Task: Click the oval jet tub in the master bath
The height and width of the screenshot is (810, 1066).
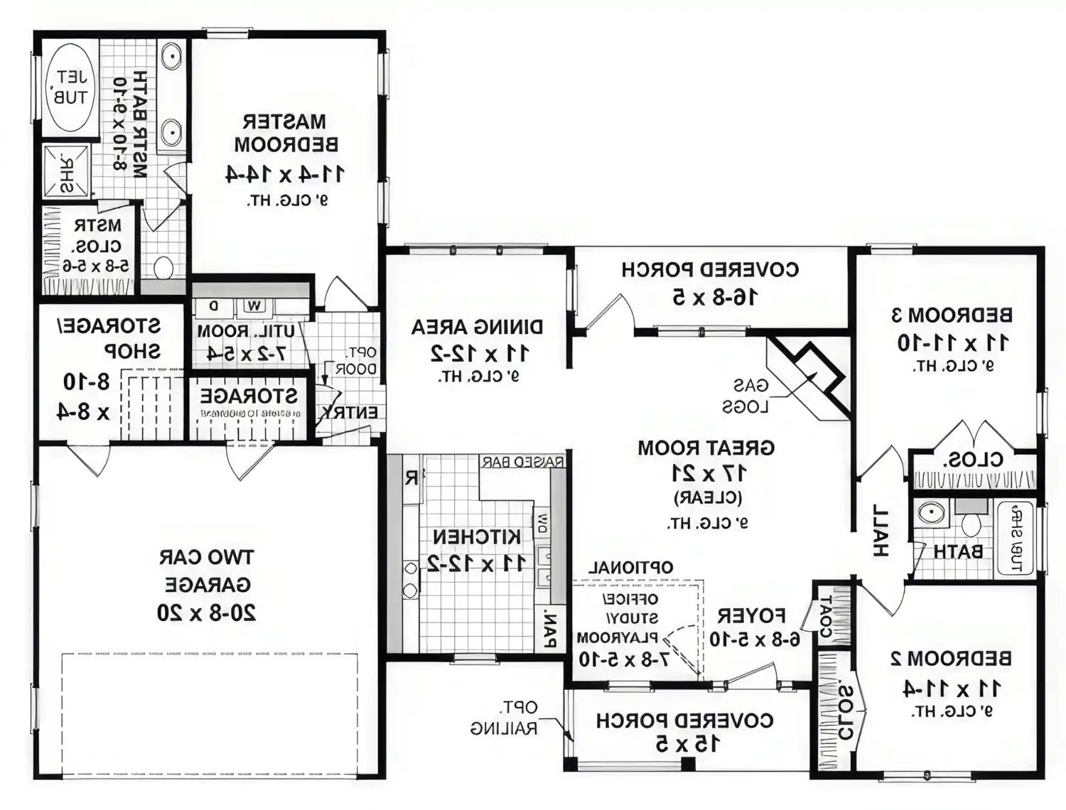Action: [70, 87]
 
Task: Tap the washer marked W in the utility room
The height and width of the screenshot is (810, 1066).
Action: [254, 306]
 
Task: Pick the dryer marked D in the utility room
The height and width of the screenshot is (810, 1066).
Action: [213, 306]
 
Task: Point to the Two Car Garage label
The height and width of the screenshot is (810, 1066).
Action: [207, 571]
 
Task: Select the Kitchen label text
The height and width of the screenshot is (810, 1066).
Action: [477, 537]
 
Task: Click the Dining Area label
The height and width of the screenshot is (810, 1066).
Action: [477, 328]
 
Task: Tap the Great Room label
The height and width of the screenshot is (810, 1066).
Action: [706, 448]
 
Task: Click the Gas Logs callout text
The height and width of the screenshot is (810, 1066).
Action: [745, 396]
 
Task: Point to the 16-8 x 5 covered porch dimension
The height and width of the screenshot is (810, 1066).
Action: [715, 297]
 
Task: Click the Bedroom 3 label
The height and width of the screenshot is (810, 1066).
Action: [952, 315]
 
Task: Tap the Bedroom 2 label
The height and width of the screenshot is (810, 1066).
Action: [951, 659]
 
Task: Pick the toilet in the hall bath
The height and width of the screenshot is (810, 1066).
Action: [971, 523]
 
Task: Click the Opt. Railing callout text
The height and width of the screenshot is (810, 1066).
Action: [504, 718]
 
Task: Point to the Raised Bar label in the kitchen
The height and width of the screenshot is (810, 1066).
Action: [522, 462]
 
